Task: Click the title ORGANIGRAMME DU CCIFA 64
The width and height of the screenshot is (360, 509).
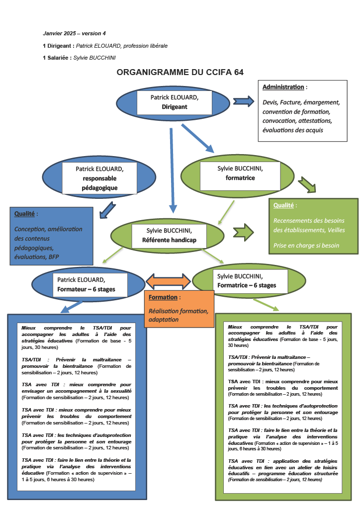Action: click(180, 73)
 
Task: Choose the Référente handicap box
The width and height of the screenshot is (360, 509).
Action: click(169, 236)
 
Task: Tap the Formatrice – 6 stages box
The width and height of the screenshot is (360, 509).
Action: click(247, 281)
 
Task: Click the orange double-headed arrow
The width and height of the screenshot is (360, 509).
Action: click(168, 281)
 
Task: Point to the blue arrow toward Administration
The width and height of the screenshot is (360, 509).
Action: click(243, 101)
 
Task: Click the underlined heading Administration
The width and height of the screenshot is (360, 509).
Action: click(283, 87)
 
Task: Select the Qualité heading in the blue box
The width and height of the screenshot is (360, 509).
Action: click(25, 214)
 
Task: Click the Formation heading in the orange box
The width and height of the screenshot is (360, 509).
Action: click(164, 297)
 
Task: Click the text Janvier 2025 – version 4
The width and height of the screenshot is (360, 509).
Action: click(75, 34)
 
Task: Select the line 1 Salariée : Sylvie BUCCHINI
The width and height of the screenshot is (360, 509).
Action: click(79, 58)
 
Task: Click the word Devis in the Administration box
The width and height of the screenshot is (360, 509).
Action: click(270, 102)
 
